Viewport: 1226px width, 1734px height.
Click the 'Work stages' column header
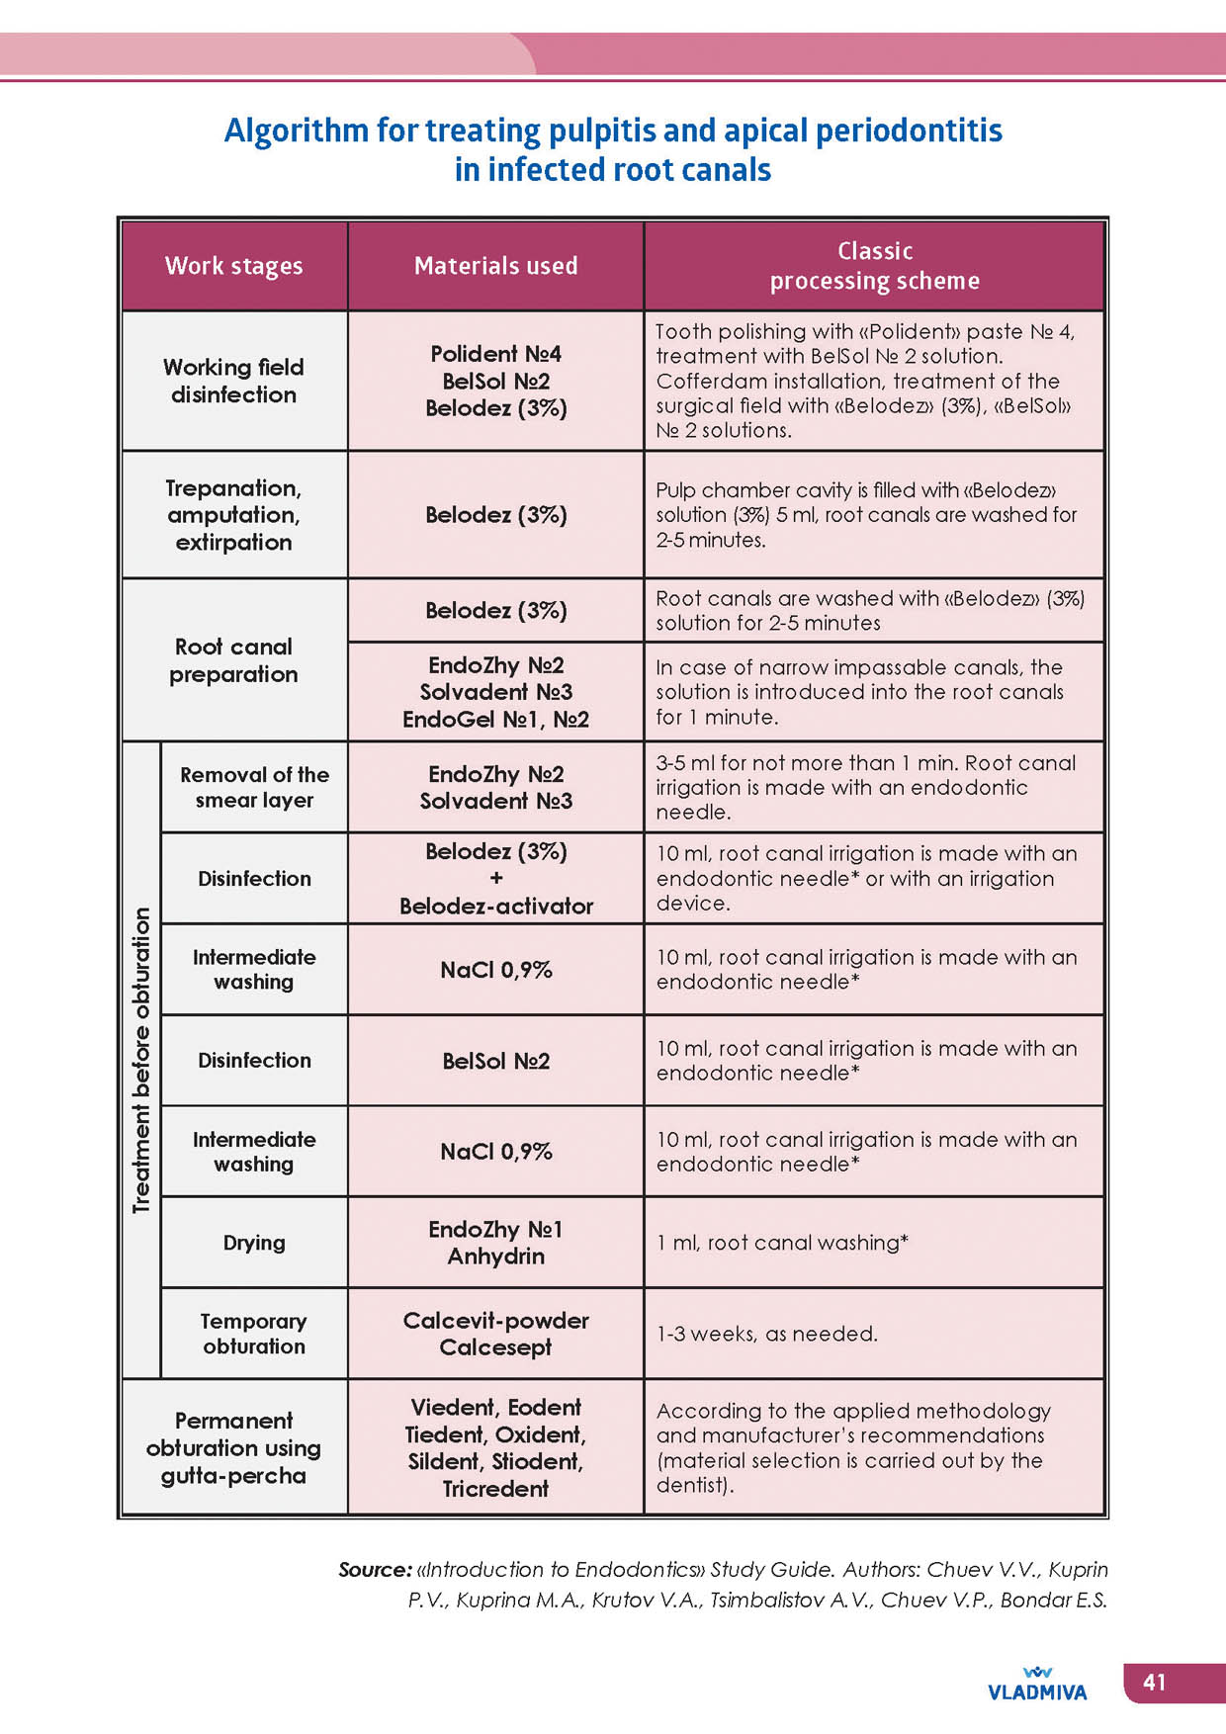[233, 266]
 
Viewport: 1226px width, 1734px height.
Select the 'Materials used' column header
[495, 266]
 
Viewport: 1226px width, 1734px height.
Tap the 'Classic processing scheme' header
[874, 266]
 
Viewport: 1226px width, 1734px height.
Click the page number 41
[1154, 1682]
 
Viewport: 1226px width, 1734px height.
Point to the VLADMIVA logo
[1037, 1685]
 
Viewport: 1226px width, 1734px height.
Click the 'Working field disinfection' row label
[233, 381]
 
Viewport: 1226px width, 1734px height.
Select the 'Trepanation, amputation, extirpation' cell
[233, 515]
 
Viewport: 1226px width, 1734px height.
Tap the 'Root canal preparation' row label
[233, 660]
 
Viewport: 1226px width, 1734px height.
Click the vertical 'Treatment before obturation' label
[141, 1060]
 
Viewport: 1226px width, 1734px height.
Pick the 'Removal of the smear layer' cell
[254, 787]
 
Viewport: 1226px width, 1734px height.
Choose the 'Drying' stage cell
[254, 1243]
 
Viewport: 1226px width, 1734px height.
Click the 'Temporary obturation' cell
[254, 1334]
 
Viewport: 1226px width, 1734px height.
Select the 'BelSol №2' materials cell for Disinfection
[495, 1061]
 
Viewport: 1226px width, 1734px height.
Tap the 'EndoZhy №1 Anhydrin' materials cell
[495, 1243]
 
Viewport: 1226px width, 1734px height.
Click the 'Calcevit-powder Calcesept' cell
[495, 1334]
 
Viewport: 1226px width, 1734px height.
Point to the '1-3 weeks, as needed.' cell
[767, 1334]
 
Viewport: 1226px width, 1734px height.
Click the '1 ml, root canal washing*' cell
[782, 1243]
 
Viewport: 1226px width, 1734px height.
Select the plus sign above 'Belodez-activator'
[495, 878]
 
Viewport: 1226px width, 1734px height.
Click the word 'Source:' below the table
[375, 1569]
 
